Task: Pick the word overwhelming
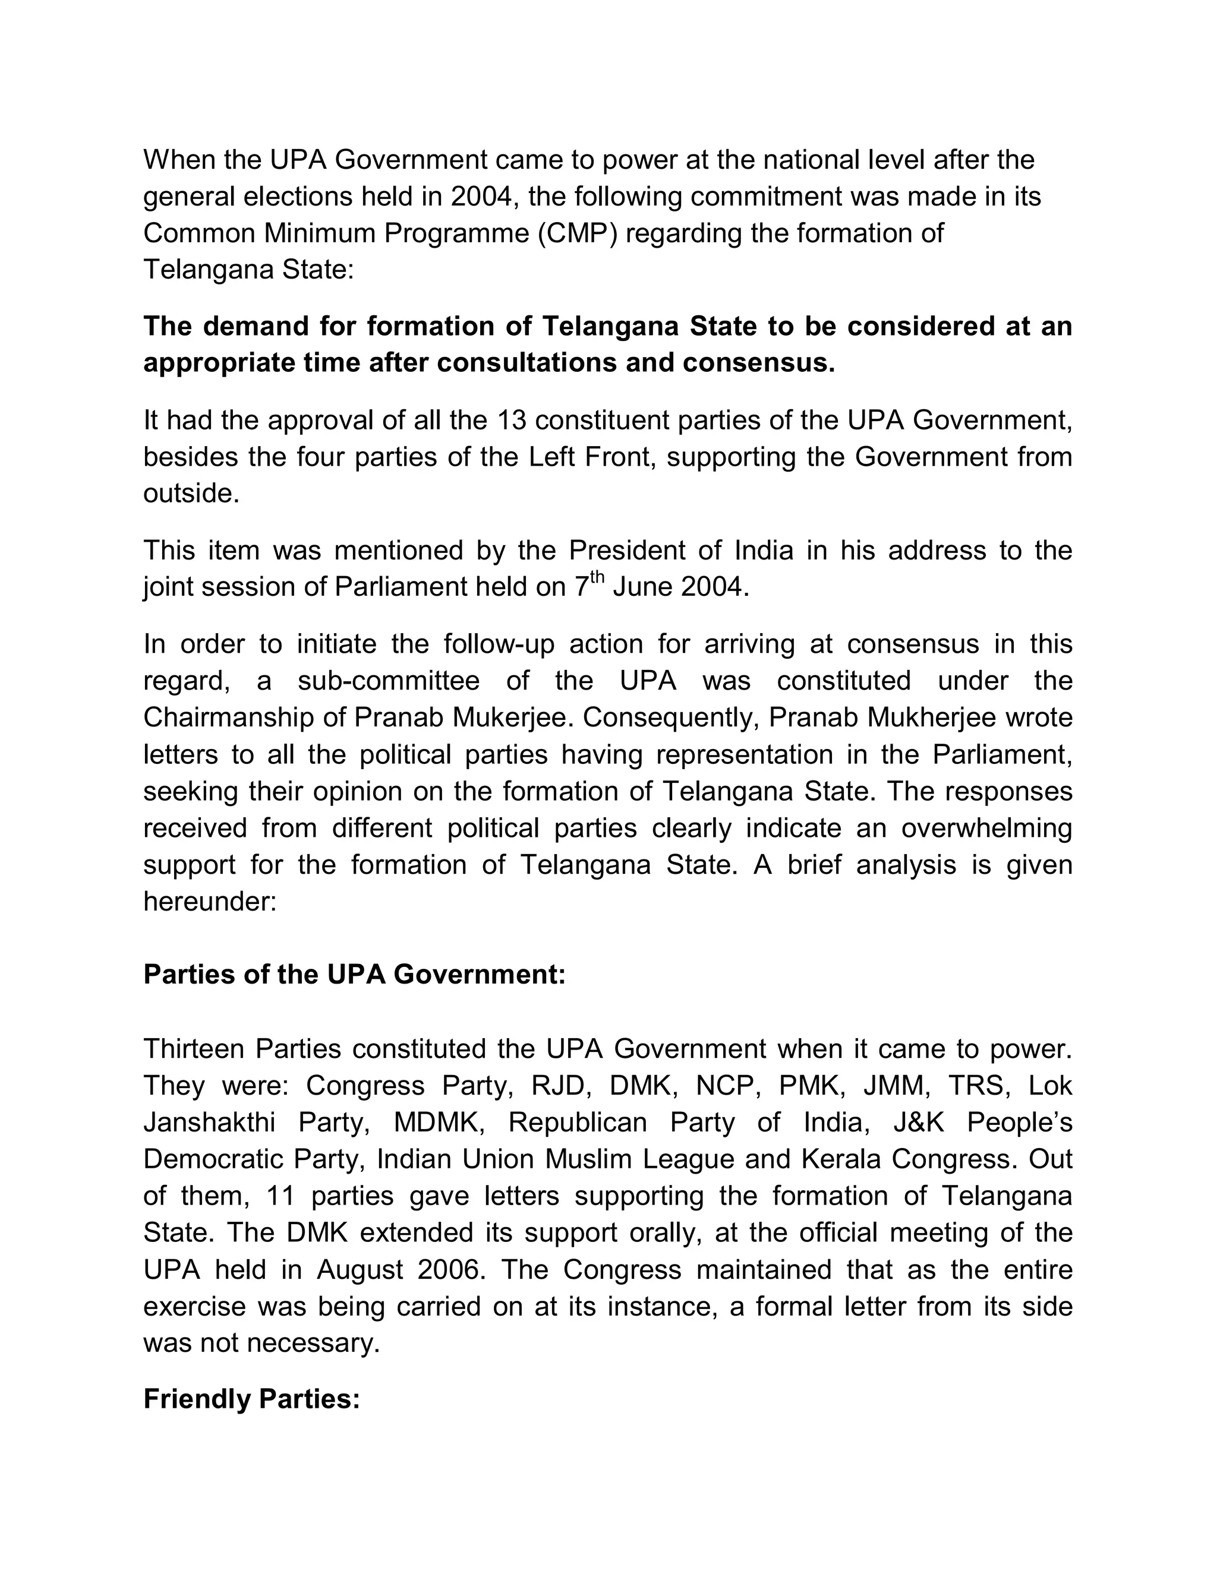pyautogui.click(x=986, y=827)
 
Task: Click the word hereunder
pyautogui.click(x=210, y=901)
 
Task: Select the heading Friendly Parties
pyautogui.click(x=251, y=1399)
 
